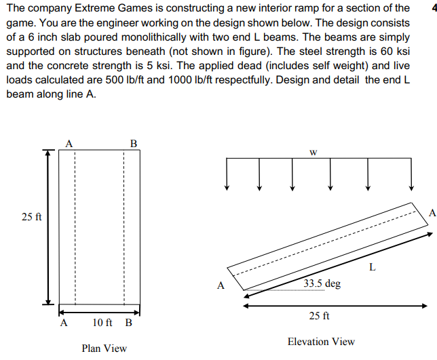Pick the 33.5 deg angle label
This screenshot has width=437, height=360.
coord(322,283)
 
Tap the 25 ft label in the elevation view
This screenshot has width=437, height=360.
coord(319,316)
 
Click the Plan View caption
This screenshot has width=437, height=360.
coord(104,348)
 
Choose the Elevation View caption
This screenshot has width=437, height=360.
coord(321,342)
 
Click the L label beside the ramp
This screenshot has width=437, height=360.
coord(372,266)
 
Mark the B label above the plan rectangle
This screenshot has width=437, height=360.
coord(133,144)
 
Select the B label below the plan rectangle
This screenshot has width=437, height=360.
coord(128,323)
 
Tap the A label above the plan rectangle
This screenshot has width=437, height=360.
coord(69,144)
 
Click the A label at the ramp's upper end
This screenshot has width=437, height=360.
coord(432,213)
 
